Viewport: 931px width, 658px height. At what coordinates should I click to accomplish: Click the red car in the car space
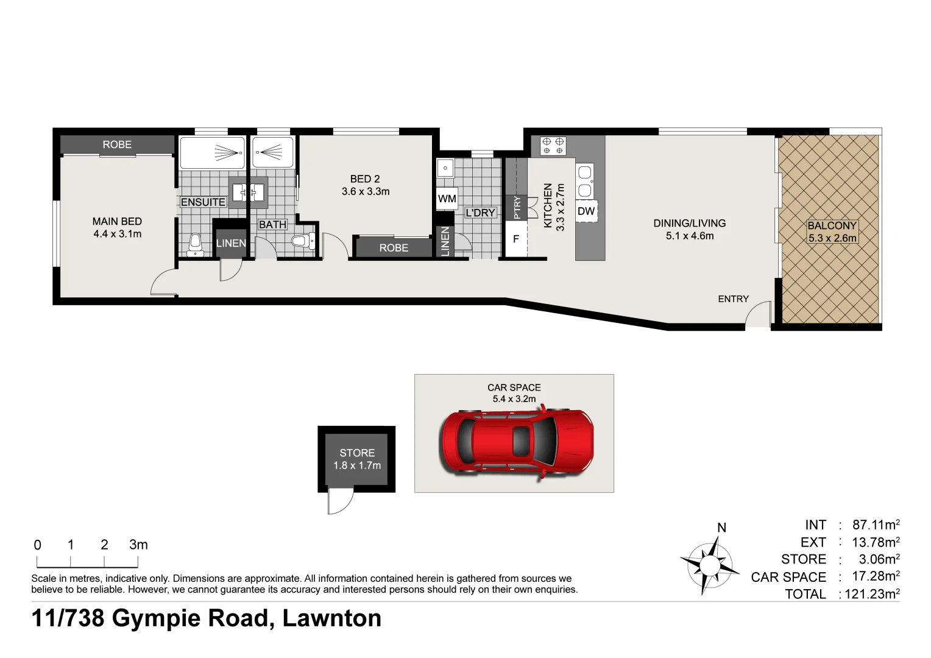coord(516,440)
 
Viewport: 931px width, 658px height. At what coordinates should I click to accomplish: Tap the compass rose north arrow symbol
coord(709,564)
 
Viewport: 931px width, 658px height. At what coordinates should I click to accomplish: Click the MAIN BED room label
coord(117,222)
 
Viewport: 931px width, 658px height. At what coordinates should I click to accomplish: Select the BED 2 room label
coord(365,179)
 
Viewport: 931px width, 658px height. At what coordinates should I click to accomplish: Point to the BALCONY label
coord(832,225)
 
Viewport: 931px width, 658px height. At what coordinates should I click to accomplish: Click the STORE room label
coord(357,453)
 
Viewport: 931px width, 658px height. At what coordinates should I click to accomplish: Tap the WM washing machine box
coord(447,199)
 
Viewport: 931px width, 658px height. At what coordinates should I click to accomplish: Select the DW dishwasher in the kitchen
coord(586,211)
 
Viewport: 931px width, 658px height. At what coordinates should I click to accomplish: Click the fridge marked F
coord(515,239)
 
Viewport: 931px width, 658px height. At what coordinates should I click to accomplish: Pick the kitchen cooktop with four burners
coord(553,145)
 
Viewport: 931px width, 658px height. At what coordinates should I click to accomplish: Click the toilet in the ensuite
coord(195,244)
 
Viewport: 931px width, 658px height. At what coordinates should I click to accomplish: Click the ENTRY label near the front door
coord(733,299)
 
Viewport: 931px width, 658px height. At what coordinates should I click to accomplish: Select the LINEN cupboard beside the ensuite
coord(231,243)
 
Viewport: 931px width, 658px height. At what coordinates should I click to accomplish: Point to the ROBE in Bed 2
coord(393,248)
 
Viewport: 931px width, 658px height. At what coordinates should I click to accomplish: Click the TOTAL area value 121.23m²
coord(871,594)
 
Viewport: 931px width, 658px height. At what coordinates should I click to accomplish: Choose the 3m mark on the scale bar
coord(138,545)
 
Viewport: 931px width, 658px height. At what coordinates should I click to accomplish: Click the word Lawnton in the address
coord(331,618)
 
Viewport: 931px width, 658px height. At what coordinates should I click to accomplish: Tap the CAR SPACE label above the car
coord(514,387)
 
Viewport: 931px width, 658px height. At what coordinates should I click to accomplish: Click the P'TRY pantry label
coord(517,207)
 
